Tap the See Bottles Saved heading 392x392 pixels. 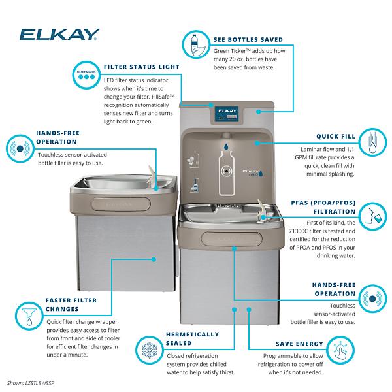[x=251, y=39]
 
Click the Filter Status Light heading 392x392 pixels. [x=140, y=67]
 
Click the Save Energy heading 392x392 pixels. [x=300, y=344]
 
